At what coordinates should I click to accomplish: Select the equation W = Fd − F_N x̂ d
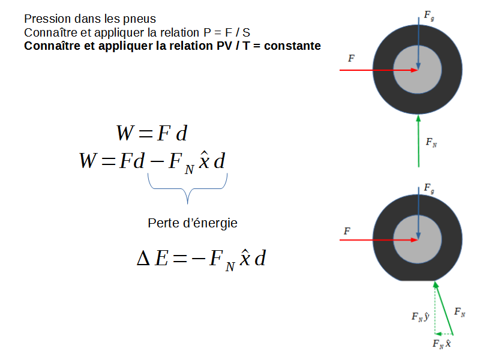(x=152, y=161)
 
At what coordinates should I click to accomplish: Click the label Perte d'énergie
(x=193, y=223)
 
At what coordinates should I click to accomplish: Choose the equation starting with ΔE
(x=201, y=259)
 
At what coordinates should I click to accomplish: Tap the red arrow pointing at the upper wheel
(x=378, y=70)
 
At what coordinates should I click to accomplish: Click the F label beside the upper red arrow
(x=351, y=58)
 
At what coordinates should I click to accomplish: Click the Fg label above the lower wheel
(x=429, y=189)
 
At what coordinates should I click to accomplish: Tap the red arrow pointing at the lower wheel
(x=378, y=239)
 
